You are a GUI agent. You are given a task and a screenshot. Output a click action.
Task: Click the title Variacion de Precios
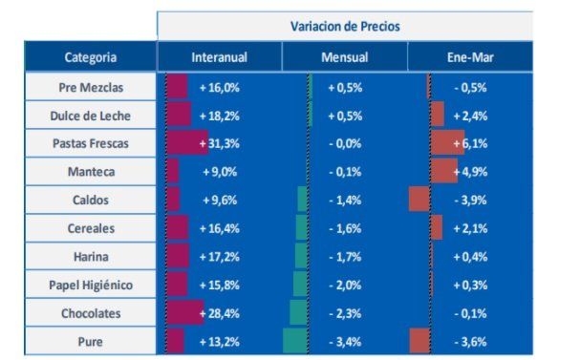(345, 26)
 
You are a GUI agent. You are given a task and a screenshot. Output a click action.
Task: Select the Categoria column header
(91, 57)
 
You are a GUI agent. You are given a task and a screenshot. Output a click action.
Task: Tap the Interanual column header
(219, 57)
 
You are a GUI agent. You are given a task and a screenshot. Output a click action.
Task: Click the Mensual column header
(344, 57)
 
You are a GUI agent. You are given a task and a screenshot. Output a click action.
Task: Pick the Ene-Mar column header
(469, 57)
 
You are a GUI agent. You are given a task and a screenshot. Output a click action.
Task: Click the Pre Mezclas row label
(91, 87)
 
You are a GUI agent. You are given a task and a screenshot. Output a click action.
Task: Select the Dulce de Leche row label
(91, 116)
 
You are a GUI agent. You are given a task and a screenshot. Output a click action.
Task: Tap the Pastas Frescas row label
(91, 143)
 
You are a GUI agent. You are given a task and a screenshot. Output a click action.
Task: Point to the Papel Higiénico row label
(91, 285)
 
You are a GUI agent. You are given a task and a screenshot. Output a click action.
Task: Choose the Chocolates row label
(91, 313)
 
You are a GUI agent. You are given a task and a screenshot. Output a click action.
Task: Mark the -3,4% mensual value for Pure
(345, 341)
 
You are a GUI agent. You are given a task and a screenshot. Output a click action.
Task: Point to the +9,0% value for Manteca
(219, 172)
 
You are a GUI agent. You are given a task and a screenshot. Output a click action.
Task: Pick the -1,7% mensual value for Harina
(345, 257)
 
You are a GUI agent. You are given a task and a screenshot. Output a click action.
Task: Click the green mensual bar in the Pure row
(295, 341)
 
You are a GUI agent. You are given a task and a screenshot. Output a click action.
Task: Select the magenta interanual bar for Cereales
(177, 228)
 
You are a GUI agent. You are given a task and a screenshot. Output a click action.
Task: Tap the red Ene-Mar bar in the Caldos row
(419, 200)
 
